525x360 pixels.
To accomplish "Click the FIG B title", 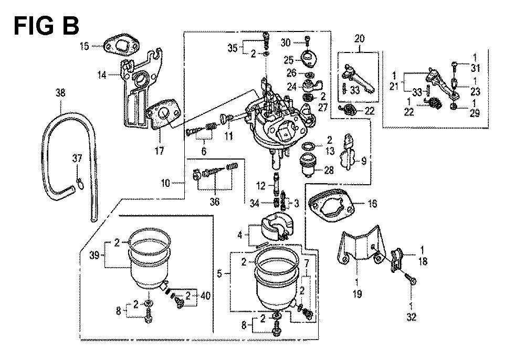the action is click(x=46, y=26).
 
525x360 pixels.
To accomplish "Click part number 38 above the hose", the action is click(x=60, y=93).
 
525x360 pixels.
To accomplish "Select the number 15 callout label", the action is click(x=85, y=46).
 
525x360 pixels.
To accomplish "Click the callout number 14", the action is click(x=102, y=75).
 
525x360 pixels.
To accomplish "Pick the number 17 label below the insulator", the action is click(x=160, y=151).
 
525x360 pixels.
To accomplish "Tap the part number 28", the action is click(x=329, y=171).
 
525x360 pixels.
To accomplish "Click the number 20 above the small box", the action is click(x=359, y=38).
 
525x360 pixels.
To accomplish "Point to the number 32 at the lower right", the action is click(x=412, y=317).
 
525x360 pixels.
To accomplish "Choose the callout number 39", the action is click(x=94, y=256).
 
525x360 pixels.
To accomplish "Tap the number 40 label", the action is click(x=206, y=296).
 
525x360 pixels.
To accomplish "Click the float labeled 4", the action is click(x=276, y=228).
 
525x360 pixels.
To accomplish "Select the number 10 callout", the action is click(x=166, y=183).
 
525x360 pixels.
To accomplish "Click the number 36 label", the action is click(x=215, y=202).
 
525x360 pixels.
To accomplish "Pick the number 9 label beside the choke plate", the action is click(x=364, y=161).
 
